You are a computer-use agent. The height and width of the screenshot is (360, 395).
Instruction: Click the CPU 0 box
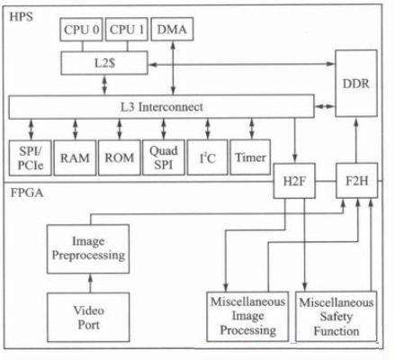[81, 30]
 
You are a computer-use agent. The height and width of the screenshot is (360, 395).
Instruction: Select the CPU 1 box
[127, 30]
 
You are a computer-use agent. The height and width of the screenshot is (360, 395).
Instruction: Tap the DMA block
[172, 29]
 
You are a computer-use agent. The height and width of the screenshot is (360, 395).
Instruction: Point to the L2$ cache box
[104, 63]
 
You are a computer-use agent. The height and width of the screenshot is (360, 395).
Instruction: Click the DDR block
[356, 84]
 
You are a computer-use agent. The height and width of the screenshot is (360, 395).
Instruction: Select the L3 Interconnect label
[162, 107]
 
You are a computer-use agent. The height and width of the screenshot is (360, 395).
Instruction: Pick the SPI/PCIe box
[30, 157]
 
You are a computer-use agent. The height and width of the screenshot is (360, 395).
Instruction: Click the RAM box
[75, 157]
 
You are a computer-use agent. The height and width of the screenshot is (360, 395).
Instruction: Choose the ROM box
[120, 157]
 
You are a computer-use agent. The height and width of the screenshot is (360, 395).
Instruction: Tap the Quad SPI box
[164, 157]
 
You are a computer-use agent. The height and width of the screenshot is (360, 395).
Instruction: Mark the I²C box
[207, 157]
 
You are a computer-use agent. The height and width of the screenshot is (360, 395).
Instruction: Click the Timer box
[250, 157]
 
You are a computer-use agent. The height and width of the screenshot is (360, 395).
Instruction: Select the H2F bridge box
[294, 181]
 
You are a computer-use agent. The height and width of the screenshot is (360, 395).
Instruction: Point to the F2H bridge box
[356, 181]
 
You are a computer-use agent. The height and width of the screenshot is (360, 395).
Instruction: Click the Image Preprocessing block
[88, 248]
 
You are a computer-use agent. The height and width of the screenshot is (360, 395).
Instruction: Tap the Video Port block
[88, 318]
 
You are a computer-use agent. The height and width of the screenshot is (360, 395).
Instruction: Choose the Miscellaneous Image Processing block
[247, 317]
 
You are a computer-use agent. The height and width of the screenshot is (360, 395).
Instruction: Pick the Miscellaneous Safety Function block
[337, 317]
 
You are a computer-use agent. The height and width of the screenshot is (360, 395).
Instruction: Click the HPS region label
[21, 16]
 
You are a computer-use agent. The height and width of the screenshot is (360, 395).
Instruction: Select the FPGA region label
[27, 193]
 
